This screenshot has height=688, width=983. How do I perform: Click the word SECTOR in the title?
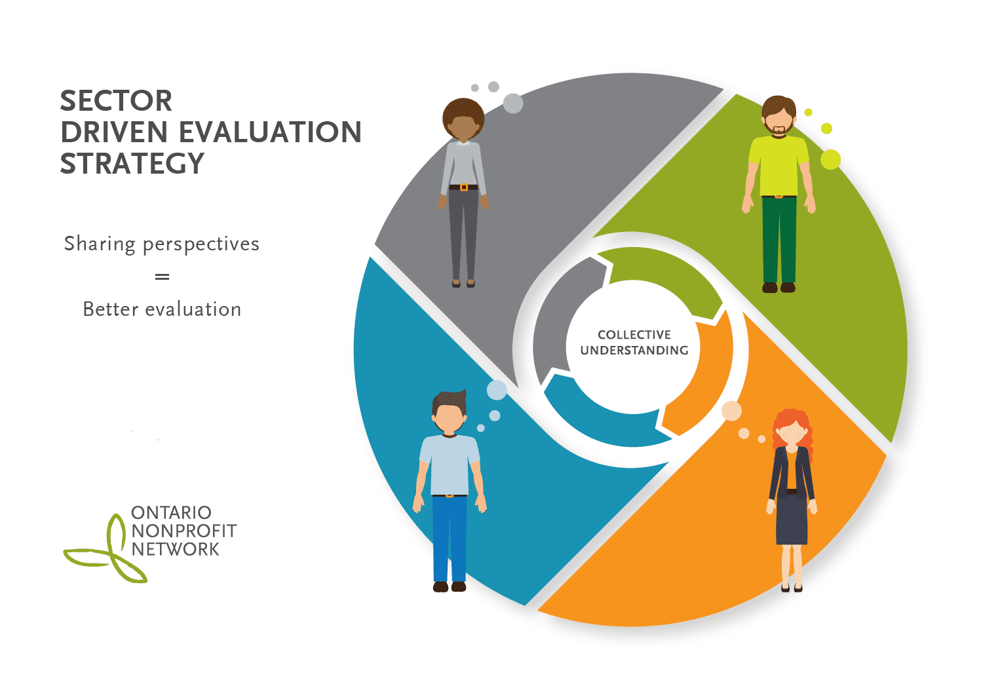(x=116, y=101)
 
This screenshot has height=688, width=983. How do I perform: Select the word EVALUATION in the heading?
(x=270, y=132)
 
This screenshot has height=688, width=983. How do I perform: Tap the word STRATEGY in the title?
(x=132, y=163)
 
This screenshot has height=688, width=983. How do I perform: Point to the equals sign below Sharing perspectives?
(x=162, y=277)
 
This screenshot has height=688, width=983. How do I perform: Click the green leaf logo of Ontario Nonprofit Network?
(x=106, y=548)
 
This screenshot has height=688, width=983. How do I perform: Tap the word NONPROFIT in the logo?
(x=184, y=531)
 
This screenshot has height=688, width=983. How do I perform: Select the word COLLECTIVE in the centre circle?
(x=634, y=335)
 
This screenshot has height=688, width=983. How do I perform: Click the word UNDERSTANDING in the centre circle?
(x=634, y=350)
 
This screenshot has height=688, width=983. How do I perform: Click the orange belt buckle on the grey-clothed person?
(x=463, y=188)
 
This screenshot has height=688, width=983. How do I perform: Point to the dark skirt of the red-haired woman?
(x=791, y=520)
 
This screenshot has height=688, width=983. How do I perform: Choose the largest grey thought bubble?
(x=512, y=104)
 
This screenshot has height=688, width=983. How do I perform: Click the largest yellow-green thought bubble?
(x=830, y=159)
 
